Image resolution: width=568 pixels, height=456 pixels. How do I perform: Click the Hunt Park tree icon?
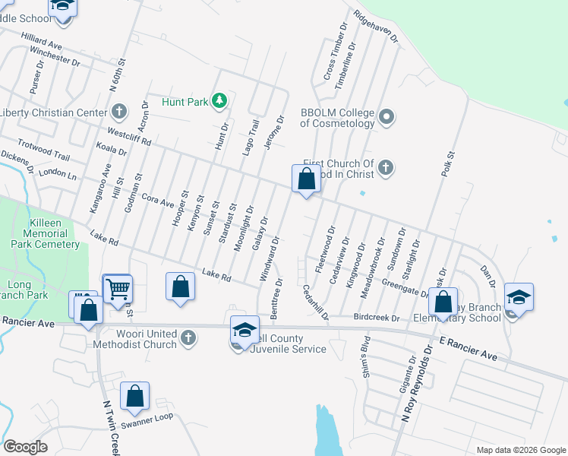pyautogui.click(x=219, y=100)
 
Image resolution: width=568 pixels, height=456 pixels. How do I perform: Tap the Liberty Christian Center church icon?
pyautogui.click(x=118, y=112)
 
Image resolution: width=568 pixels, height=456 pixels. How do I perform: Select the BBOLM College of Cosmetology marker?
pyautogui.click(x=387, y=116)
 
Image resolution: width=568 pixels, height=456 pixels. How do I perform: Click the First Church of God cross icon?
pyautogui.click(x=386, y=167)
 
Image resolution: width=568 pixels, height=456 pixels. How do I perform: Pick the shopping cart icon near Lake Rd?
pyautogui.click(x=118, y=289)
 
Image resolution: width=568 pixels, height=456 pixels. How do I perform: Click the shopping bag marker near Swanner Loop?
pyautogui.click(x=134, y=397)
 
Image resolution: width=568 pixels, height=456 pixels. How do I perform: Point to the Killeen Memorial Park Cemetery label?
pyautogui.click(x=46, y=234)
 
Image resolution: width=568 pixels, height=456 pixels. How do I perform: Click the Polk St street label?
pyautogui.click(x=447, y=164)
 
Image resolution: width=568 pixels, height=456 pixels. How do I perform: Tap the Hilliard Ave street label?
pyautogui.click(x=42, y=41)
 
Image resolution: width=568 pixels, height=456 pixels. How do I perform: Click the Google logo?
pyautogui.click(x=26, y=447)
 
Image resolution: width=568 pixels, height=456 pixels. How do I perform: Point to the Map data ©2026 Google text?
pyautogui.click(x=520, y=450)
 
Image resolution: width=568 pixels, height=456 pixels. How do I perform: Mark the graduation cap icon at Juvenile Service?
pyautogui.click(x=245, y=330)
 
